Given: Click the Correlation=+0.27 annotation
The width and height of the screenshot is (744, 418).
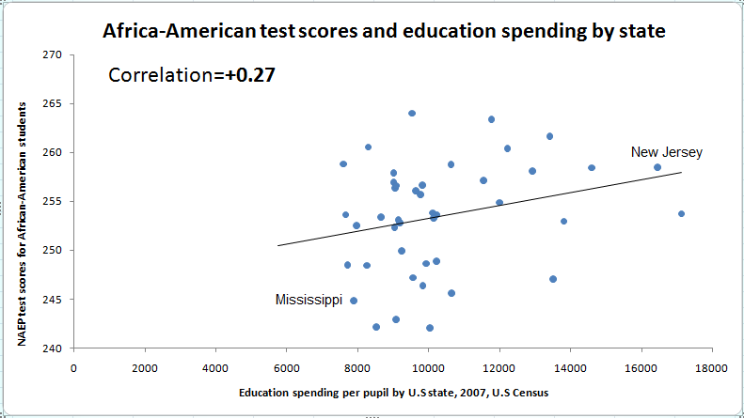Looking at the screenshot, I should [192, 75].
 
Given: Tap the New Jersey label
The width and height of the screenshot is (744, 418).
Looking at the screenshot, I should [666, 152].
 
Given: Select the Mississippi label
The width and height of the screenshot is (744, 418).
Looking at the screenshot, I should [309, 300].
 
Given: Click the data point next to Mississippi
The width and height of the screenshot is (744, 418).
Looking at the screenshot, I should [354, 301].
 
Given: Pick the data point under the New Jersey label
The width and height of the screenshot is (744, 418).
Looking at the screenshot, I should [657, 167].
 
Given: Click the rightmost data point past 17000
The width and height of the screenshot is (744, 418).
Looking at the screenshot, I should [682, 213].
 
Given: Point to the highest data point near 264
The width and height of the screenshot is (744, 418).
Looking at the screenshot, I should [412, 113].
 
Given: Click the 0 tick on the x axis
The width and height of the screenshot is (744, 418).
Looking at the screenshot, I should [74, 367].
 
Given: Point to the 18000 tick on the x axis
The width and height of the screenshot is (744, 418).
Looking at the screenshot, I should [711, 367].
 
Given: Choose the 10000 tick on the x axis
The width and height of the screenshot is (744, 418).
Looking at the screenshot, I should [428, 367].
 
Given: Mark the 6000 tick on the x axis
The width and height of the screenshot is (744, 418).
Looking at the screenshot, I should [286, 367].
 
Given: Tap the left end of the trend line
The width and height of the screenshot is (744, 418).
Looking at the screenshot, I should [278, 246].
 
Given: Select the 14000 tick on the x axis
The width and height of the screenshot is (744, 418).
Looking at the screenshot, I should [569, 367].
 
